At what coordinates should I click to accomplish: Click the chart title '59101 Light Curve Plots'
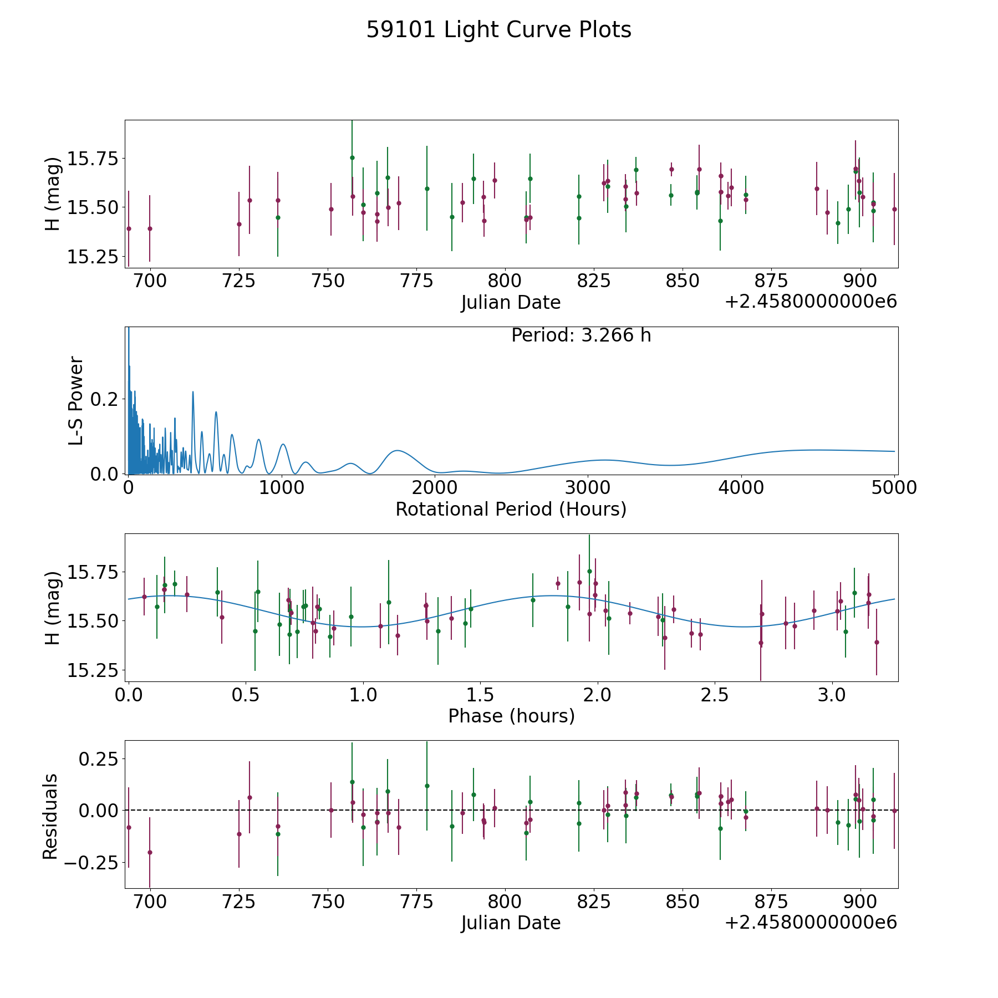498,30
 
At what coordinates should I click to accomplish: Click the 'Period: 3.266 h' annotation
581,335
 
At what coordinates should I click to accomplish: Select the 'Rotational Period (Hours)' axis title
511,509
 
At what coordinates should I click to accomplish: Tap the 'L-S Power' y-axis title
76,400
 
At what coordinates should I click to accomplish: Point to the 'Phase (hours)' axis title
511,716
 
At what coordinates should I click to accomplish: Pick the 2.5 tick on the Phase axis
715,693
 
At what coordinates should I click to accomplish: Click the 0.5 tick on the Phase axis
246,693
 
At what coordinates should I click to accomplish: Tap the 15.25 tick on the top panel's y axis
93,257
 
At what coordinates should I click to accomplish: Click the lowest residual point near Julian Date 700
150,852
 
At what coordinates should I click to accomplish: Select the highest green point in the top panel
352,157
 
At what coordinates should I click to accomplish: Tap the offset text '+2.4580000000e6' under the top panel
811,302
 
